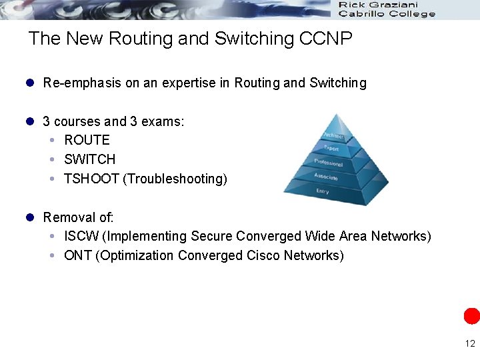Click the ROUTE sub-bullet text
(x=87, y=140)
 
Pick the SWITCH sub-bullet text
(x=89, y=159)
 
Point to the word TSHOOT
(x=91, y=179)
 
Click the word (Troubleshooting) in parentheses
(x=175, y=179)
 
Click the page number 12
(x=470, y=344)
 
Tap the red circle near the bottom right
(x=472, y=316)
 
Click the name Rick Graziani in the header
(x=378, y=5)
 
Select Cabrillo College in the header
(x=387, y=13)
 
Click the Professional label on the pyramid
(x=328, y=163)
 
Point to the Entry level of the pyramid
(x=323, y=192)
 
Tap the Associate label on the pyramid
(x=326, y=177)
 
